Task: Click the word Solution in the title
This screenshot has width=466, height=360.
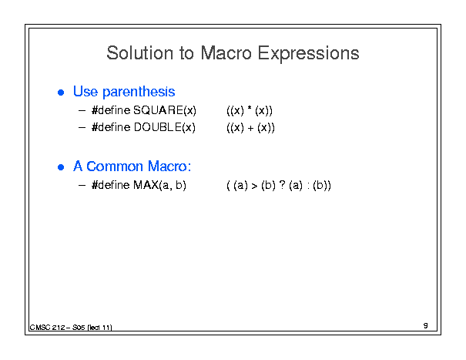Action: pos(139,53)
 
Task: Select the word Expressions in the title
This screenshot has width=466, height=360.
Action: pos(309,54)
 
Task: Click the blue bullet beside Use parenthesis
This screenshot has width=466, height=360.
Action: pos(61,93)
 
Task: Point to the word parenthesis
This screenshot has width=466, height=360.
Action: pos(139,92)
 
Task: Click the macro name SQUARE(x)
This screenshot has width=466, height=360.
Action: pos(165,110)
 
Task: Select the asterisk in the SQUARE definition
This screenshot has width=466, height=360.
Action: pos(250,108)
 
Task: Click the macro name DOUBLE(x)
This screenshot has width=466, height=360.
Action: pos(165,127)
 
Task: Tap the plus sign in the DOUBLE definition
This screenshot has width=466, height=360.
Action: pos(250,129)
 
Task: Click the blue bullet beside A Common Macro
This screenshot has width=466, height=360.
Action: pos(61,167)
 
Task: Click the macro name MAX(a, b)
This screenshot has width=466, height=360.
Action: pos(160,185)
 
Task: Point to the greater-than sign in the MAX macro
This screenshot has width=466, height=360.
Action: pos(254,186)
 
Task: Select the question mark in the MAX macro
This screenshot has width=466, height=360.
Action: pos(283,184)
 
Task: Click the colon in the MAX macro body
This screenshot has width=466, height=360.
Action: pos(308,187)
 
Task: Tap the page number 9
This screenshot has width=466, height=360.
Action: pos(426,325)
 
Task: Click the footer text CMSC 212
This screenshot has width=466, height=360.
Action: pos(48,328)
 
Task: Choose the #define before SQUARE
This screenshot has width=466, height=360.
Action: pos(111,110)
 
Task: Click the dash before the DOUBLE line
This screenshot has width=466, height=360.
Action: pos(82,128)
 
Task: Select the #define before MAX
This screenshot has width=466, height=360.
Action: pos(111,185)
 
